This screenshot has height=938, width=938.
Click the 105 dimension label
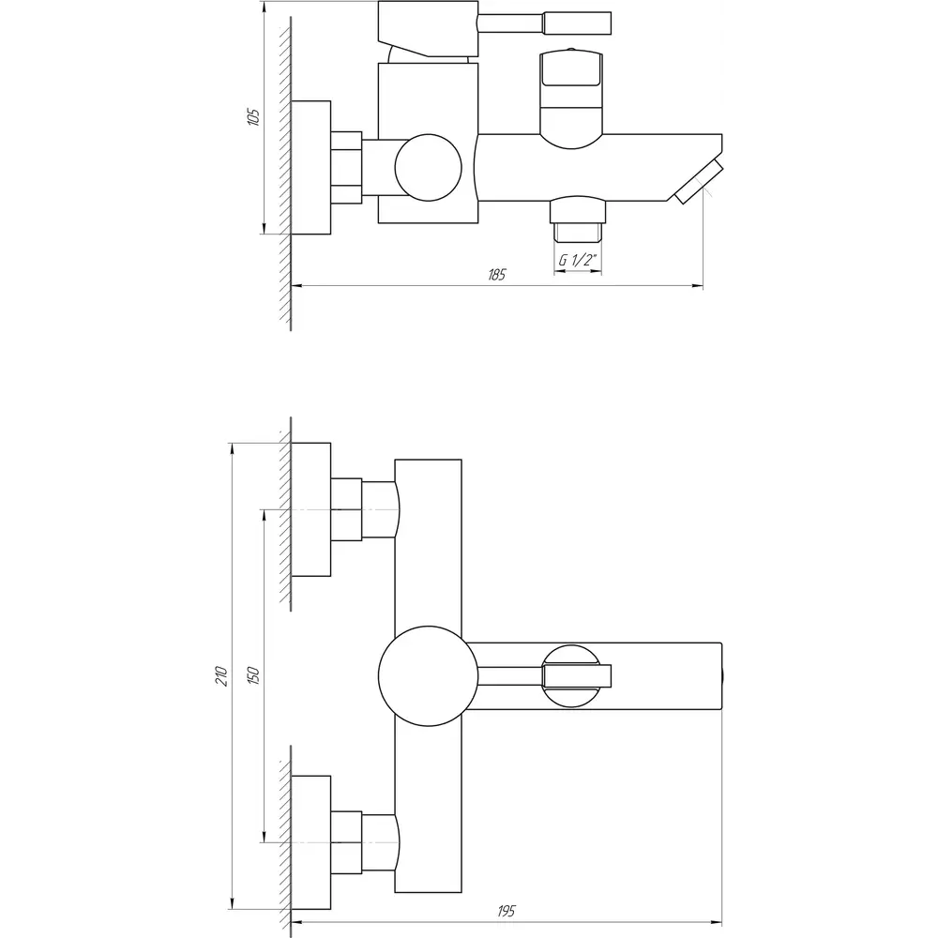(x=254, y=116)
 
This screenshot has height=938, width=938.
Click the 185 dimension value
(x=497, y=275)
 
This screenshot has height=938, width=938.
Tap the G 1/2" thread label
(x=578, y=260)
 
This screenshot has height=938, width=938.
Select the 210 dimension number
(x=222, y=676)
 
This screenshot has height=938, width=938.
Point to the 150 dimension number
(x=253, y=675)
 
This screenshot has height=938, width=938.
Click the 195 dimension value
(x=507, y=911)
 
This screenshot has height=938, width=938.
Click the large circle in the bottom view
(x=429, y=676)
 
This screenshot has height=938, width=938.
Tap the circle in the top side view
(x=429, y=168)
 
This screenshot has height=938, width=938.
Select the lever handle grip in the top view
(x=577, y=23)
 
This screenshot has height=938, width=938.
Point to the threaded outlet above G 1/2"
(x=578, y=232)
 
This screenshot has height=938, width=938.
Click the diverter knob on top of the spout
(x=571, y=98)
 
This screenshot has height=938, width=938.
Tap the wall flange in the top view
(x=311, y=168)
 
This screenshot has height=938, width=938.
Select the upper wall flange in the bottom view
(x=311, y=509)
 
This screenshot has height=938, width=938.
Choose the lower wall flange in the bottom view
(x=311, y=843)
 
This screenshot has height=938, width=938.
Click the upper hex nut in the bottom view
(x=346, y=509)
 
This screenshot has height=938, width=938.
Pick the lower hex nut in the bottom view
(x=346, y=843)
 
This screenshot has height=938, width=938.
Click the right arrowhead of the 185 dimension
(x=698, y=286)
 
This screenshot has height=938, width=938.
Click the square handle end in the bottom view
(x=577, y=676)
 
